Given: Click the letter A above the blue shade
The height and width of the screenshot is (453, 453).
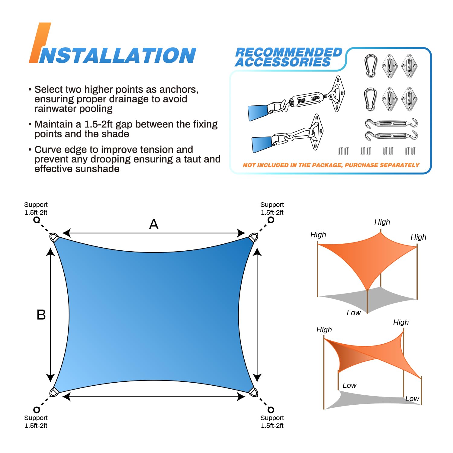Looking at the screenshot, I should point(154,224).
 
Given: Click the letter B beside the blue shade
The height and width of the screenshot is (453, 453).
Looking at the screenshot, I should point(41,315).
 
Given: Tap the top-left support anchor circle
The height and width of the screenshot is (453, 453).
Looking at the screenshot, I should point(37,220).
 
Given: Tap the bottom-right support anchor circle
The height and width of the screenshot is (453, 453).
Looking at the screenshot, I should point(271,410).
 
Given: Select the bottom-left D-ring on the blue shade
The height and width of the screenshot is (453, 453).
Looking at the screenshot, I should point(54,392).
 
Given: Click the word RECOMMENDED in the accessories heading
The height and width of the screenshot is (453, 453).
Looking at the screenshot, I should point(288,52).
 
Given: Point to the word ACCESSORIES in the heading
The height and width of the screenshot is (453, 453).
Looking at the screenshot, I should point(283,62).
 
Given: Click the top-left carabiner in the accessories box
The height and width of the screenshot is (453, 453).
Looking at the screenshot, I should point(370,66).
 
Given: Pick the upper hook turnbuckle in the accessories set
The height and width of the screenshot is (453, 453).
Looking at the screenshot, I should point(391,123).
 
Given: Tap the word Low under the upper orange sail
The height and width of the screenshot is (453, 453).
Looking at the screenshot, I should point(354,313).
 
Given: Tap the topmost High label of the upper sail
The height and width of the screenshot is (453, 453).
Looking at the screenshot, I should point(382,222).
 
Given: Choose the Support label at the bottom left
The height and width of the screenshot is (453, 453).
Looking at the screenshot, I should point(36,418).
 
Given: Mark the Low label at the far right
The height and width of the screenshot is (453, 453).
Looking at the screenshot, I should point(412,399).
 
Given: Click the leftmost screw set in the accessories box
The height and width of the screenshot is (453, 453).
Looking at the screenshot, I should point(343,151).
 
